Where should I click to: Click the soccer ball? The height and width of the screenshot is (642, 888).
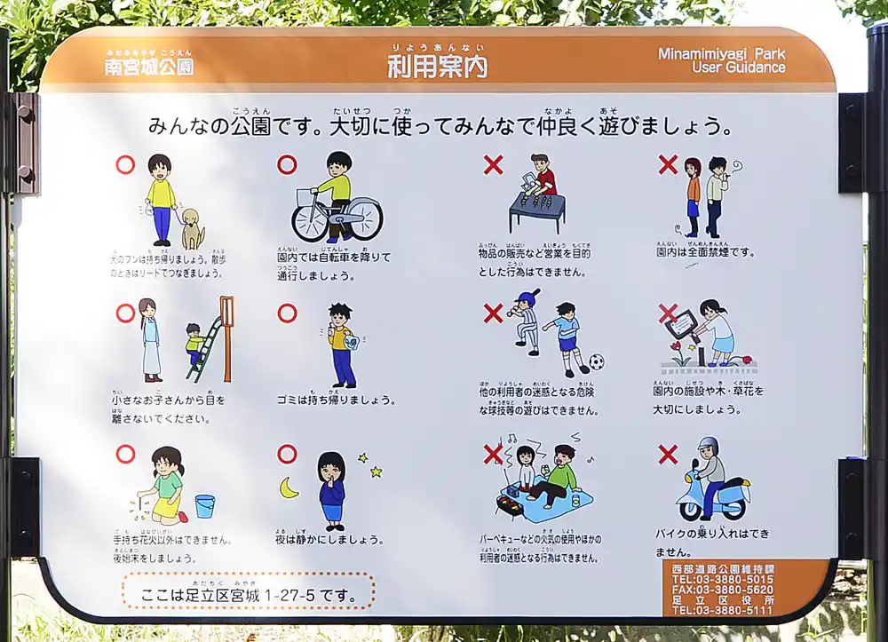click(x=596, y=362)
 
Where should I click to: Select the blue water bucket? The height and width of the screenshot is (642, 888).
click(x=204, y=505)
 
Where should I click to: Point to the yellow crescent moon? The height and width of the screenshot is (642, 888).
click(x=289, y=487)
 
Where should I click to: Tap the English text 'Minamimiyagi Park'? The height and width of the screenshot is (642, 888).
click(x=721, y=53)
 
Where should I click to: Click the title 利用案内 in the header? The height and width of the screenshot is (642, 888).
click(x=438, y=66)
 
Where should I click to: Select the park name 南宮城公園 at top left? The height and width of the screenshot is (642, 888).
click(x=148, y=67)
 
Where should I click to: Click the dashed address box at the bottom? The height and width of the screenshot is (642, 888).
click(x=248, y=590)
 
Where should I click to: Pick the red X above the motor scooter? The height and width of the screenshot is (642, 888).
click(x=668, y=455)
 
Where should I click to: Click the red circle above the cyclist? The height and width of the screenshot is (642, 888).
click(x=287, y=164)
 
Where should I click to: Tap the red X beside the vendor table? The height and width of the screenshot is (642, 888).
click(x=493, y=164)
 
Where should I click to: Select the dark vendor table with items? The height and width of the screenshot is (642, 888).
click(x=536, y=209)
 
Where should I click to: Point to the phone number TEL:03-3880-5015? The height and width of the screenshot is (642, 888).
click(x=721, y=579)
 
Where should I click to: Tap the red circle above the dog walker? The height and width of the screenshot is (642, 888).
click(x=125, y=164)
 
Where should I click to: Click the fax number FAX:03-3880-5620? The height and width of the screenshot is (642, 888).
click(x=721, y=590)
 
